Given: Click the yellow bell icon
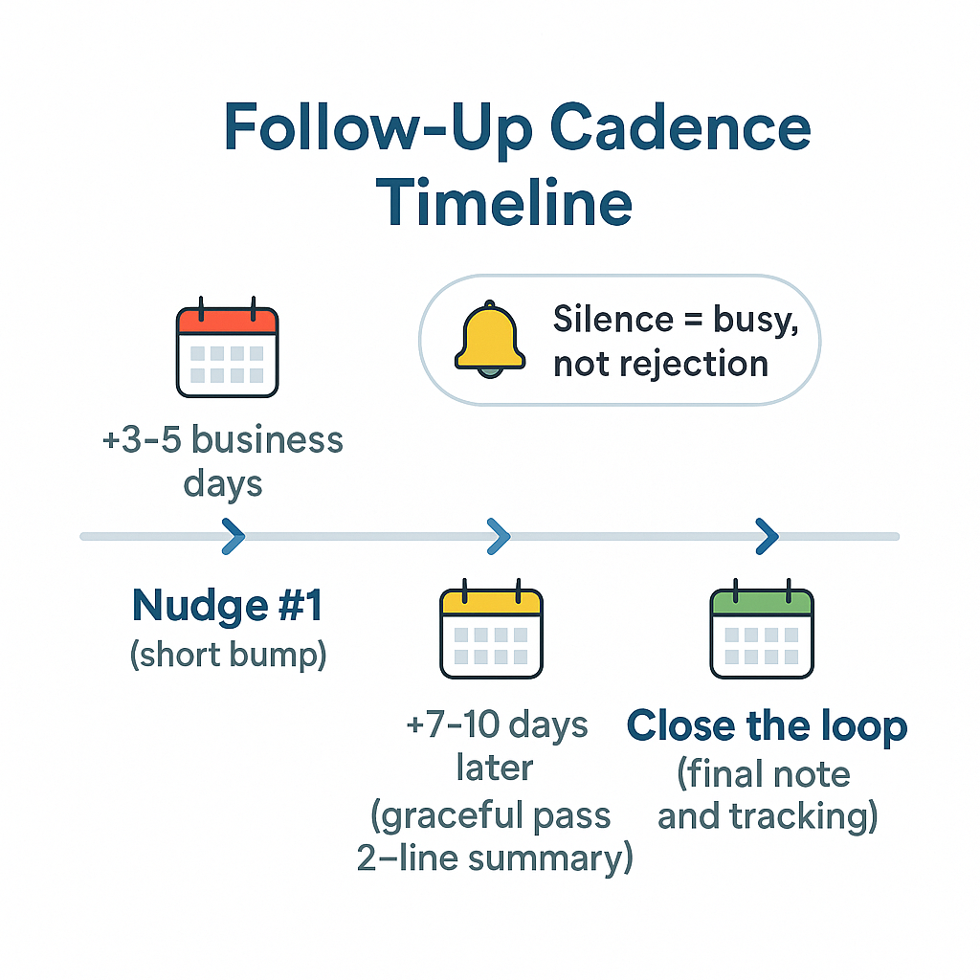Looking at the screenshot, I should pos(490,339).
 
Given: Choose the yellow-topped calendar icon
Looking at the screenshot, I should pos(491,630).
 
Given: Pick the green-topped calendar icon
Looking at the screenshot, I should pos(762,630).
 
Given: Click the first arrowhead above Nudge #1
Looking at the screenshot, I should pos(233,537).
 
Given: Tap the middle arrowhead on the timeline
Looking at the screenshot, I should pos(498,537).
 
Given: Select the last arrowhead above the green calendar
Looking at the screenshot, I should pos(767,537).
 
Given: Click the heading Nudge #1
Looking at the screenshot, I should pos(228,605).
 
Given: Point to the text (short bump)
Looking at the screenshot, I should pos(228,656).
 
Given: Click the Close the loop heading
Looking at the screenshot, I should pos(767,726).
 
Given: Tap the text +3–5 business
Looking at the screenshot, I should pos(222,440).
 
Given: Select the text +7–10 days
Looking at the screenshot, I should pos(496,724).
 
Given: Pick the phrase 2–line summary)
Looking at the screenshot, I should pos(495,858).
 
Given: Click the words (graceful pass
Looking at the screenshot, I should pos(490,815).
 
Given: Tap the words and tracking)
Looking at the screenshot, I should pos(768,816).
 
